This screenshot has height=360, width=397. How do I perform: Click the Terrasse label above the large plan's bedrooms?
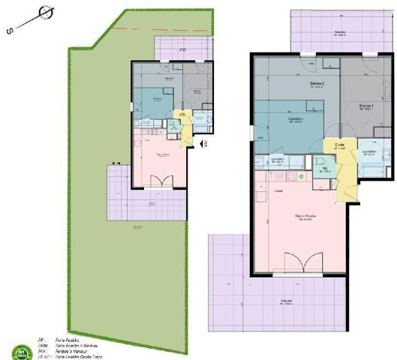[340, 33]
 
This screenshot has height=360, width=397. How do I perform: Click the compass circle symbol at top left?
[47, 13]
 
